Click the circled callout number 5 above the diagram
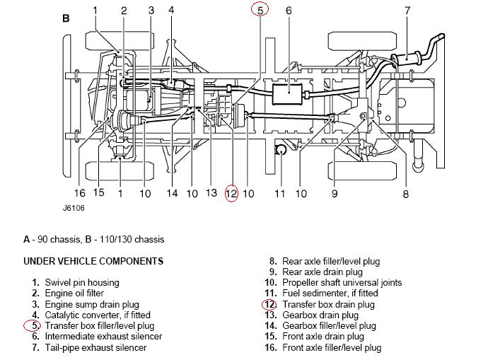(260, 11)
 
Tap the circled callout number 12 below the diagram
(231, 194)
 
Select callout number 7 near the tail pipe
(407, 11)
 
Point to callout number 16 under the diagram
(80, 193)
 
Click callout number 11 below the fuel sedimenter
(280, 194)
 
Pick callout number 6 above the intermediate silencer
(289, 11)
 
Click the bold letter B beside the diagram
(66, 18)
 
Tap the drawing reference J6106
(74, 208)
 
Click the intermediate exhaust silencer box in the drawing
(288, 94)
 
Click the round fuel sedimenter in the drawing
(281, 150)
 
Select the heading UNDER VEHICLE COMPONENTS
(93, 261)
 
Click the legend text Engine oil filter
(74, 293)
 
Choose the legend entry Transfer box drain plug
(328, 304)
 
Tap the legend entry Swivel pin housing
(82, 282)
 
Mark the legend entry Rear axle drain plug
(323, 272)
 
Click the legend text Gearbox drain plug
(320, 315)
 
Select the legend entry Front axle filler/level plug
(332, 347)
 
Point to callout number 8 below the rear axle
(405, 194)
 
